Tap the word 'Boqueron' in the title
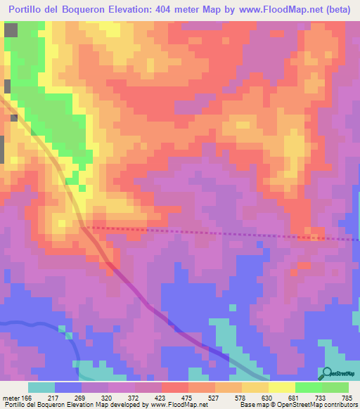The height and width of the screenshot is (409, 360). point(91,9)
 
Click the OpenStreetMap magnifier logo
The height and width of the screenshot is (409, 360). point(327,372)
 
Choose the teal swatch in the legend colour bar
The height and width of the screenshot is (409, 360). point(41,388)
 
